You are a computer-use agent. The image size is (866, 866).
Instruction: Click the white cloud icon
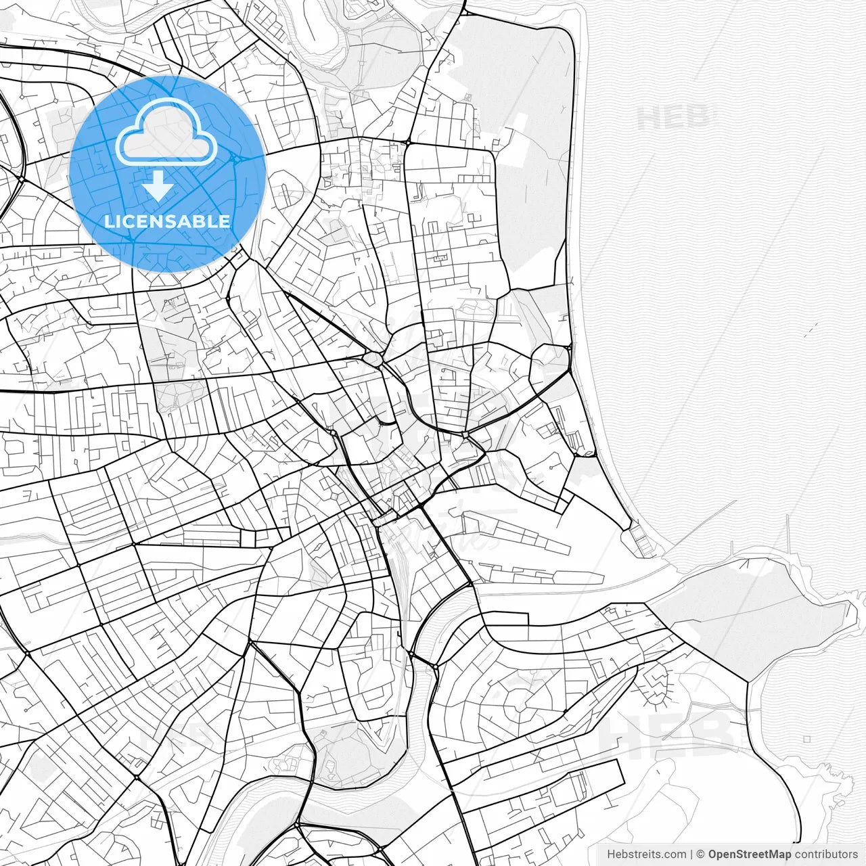coord(166,135)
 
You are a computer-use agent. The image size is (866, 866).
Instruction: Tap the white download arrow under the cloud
coord(158,185)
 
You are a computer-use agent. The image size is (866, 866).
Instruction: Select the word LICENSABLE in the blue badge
coord(167,221)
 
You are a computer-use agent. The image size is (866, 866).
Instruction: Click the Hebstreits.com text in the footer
coord(646,854)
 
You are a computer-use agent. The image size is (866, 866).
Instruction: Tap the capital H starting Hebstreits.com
coord(611,854)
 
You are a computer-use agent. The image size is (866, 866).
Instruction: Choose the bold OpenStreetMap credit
coord(750,854)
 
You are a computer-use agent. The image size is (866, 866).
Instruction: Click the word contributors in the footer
coord(825,854)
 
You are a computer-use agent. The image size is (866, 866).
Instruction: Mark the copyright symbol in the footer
coord(701,854)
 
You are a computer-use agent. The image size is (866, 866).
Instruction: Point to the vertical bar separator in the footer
coord(691,854)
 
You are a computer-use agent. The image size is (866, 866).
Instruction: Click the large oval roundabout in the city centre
coord(373,358)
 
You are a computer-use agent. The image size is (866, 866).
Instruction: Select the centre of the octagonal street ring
coord(519,690)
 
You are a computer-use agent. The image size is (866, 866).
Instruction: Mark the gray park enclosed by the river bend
coord(352,751)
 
